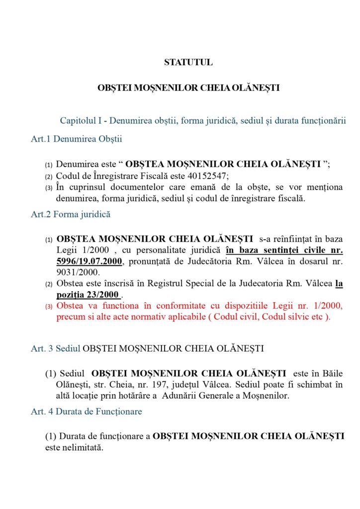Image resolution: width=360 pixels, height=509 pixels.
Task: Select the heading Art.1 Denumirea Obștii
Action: pyautogui.click(x=76, y=139)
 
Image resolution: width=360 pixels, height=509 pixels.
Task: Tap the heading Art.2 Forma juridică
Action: pyautogui.click(x=71, y=215)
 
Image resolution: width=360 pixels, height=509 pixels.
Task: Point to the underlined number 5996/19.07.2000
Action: pyautogui.click(x=89, y=261)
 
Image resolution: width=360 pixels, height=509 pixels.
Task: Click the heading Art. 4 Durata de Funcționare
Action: pyautogui.click(x=86, y=412)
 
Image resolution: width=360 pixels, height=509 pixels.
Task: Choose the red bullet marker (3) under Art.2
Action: pyautogui.click(x=49, y=307)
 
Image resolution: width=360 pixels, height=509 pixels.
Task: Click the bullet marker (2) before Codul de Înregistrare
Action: pyautogui.click(x=49, y=177)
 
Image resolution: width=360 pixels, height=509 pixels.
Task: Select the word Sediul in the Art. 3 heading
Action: pyautogui.click(x=68, y=348)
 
